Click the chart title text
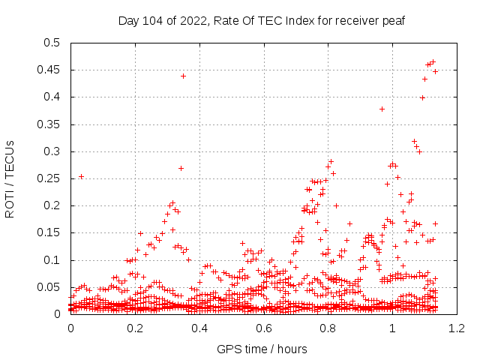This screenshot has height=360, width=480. [262, 20]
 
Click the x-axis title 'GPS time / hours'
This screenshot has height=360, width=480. [262, 349]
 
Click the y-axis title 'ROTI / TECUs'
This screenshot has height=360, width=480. [10, 178]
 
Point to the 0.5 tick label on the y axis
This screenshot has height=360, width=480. [51, 43]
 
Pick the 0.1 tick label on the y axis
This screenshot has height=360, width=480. [51, 260]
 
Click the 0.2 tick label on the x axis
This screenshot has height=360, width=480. [136, 328]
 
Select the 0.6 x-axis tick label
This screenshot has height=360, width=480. [264, 328]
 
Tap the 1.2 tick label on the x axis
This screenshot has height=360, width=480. [456, 328]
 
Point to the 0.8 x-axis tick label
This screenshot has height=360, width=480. [328, 328]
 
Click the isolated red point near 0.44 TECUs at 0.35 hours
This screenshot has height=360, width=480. [183, 76]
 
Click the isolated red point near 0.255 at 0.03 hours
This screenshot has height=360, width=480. [81, 176]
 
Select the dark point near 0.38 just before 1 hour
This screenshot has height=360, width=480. [382, 109]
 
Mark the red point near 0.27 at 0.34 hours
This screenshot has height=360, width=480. [181, 168]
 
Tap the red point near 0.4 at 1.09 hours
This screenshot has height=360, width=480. [422, 97]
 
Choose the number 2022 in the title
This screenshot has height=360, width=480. [195, 20]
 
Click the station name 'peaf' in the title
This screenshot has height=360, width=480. [393, 20]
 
